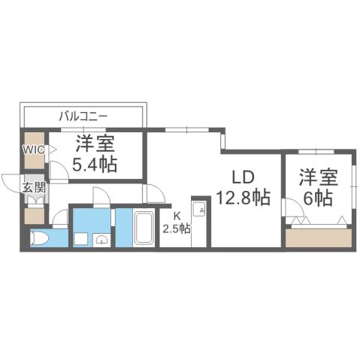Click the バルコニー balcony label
click(x=84, y=116)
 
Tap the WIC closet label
click(x=34, y=150)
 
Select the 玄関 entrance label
click(x=32, y=187)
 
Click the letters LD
click(x=243, y=178)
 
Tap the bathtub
click(x=144, y=229)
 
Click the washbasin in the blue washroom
click(x=101, y=240)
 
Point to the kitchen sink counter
click(x=200, y=223)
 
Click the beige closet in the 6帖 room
click(x=319, y=238)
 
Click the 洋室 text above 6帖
click(x=315, y=177)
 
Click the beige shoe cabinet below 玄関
click(x=34, y=215)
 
